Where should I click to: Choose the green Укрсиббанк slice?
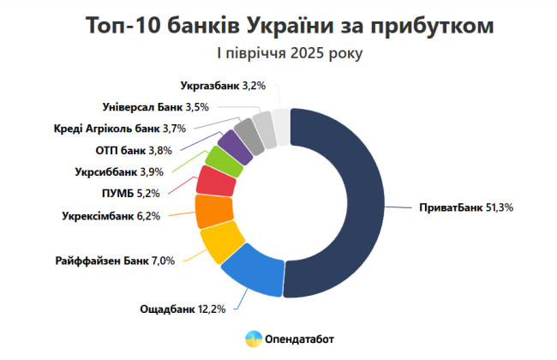(222, 160)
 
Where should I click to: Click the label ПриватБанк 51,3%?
(464, 208)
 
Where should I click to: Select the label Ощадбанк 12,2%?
(183, 309)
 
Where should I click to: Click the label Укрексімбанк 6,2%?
(111, 216)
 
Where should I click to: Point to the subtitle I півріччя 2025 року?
(290, 53)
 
